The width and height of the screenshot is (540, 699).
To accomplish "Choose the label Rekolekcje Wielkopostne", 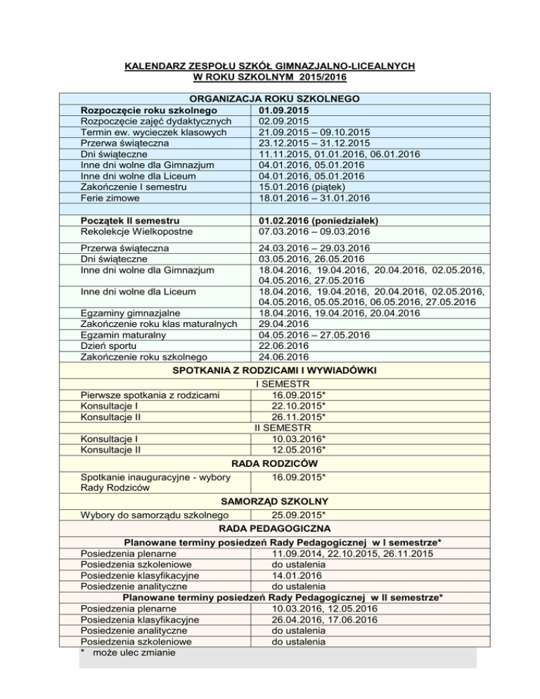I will (138, 230).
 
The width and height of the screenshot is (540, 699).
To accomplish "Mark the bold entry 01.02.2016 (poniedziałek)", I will (321, 219).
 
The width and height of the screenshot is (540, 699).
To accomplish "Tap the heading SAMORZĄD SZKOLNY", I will (271, 502).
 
